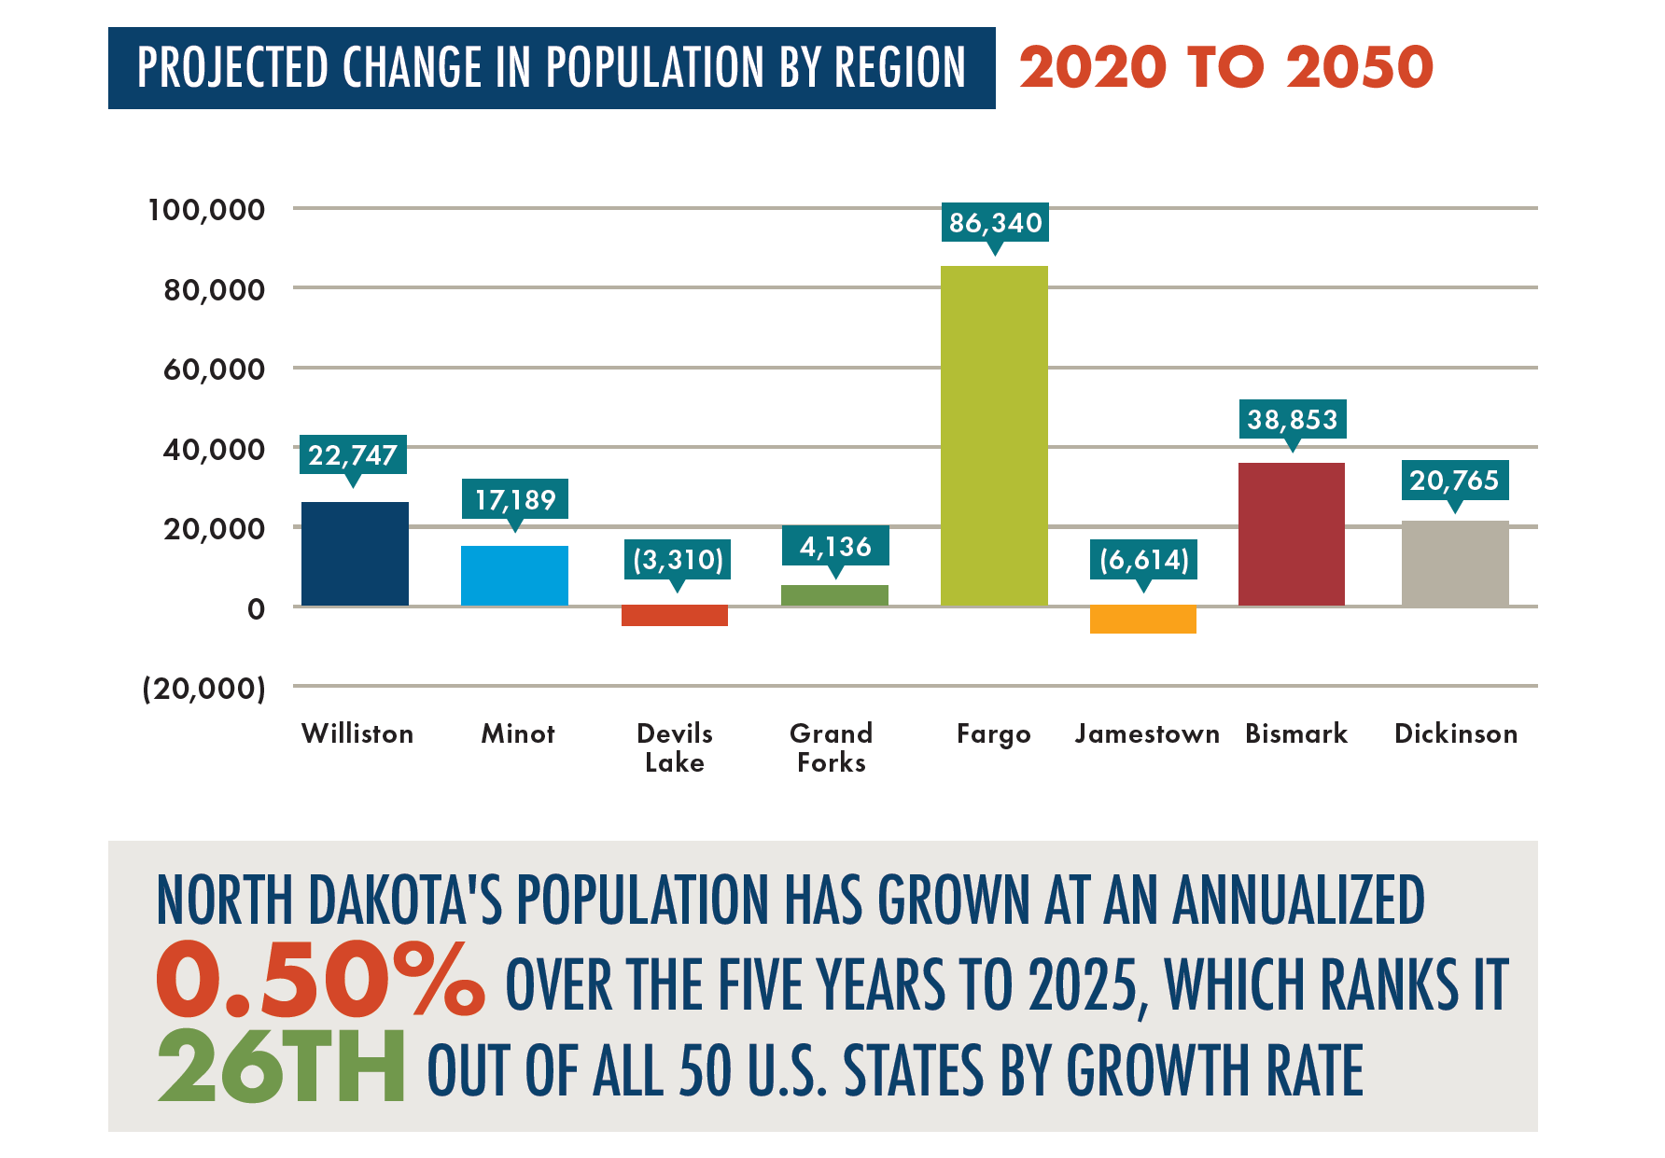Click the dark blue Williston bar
pyautogui.click(x=355, y=554)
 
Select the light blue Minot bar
pyautogui.click(x=514, y=576)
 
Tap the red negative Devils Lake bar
pyautogui.click(x=675, y=616)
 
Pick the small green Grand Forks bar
pyautogui.click(x=834, y=595)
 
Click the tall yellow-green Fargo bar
pyautogui.click(x=994, y=436)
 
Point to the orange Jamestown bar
pyautogui.click(x=1142, y=620)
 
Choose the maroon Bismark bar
pyautogui.click(x=1292, y=535)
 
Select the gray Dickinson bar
pyautogui.click(x=1455, y=564)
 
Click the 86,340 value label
pyautogui.click(x=995, y=223)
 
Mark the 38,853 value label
pyautogui.click(x=1293, y=420)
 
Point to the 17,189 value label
pyautogui.click(x=515, y=500)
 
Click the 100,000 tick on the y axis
pyautogui.click(x=206, y=210)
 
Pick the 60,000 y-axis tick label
pyautogui.click(x=214, y=370)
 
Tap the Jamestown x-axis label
pyautogui.click(x=1147, y=734)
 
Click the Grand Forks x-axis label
pyautogui.click(x=832, y=748)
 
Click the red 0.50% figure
pyautogui.click(x=320, y=981)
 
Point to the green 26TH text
pyautogui.click(x=281, y=1066)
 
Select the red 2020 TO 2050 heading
pyautogui.click(x=1225, y=68)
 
